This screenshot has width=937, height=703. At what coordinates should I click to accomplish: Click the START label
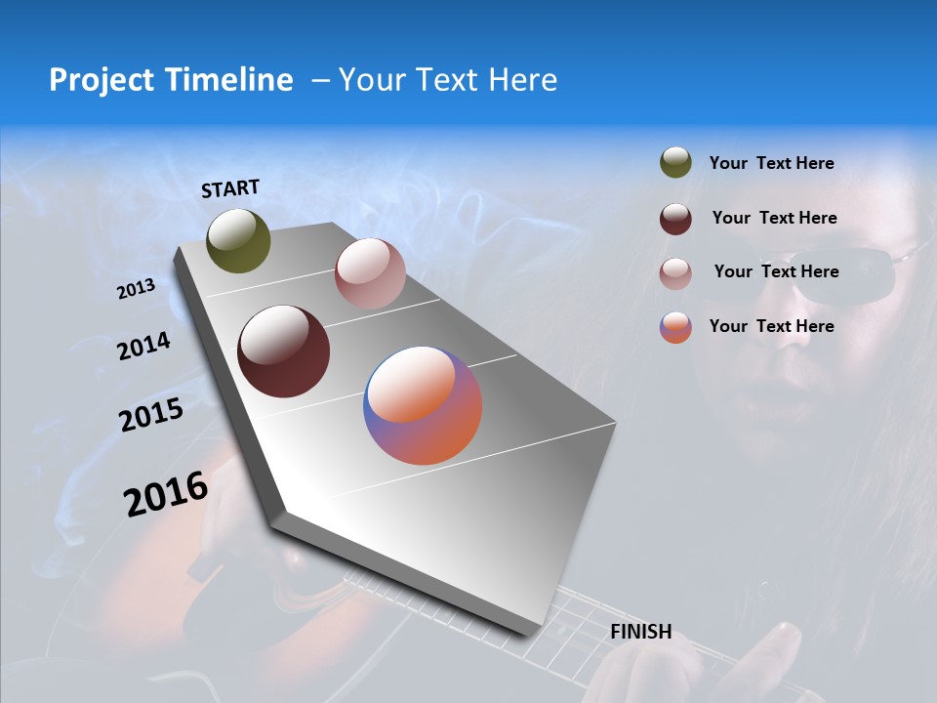[x=230, y=188]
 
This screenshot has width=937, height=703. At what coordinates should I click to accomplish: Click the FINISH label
[x=640, y=632]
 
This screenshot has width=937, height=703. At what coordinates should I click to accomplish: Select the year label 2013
[x=136, y=289]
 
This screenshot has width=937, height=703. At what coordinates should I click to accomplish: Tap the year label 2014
[x=143, y=346]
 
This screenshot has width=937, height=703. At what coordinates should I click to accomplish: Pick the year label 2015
[x=150, y=415]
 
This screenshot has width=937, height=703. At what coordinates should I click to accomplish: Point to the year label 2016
[x=166, y=493]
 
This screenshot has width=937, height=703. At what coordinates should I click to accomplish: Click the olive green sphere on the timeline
[x=238, y=240]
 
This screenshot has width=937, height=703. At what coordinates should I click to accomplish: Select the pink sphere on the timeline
[x=370, y=273]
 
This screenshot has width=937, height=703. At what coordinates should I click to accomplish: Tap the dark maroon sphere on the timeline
[x=283, y=351]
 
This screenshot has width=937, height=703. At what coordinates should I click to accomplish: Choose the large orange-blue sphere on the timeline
[x=423, y=405]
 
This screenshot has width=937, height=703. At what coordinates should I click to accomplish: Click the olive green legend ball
[x=675, y=163]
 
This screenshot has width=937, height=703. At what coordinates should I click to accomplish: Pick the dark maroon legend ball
[x=675, y=219]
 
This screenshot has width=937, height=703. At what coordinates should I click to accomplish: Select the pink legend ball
[x=675, y=273]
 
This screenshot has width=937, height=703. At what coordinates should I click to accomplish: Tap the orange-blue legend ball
[x=675, y=327]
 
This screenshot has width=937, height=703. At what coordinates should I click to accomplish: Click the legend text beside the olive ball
[x=771, y=163]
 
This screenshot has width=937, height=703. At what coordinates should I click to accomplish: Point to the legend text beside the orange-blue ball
[x=771, y=326]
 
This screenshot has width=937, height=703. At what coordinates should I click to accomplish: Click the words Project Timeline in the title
[x=171, y=80]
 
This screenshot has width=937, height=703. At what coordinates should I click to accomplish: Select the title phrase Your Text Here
[x=448, y=80]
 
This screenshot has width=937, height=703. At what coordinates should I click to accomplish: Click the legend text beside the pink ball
[x=776, y=271]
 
